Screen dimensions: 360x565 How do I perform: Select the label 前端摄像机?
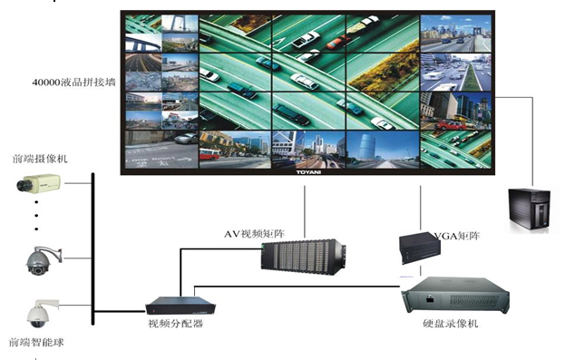coord(40,159)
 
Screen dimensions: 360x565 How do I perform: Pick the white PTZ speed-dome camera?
coord(36,313)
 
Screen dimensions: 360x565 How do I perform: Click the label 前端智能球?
coord(36,343)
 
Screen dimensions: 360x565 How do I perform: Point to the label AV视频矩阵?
coord(256,234)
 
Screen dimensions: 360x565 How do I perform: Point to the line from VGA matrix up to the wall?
coord(423,204)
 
